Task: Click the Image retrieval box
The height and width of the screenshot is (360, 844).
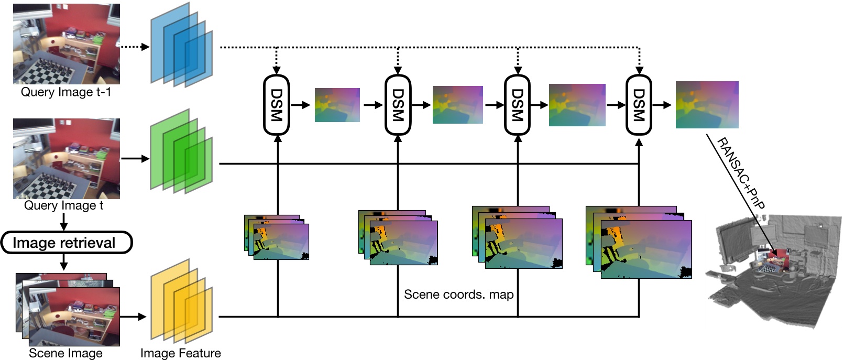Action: pos(66,243)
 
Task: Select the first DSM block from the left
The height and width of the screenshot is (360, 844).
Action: pos(276,105)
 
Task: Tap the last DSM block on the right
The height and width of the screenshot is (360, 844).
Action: pos(639,105)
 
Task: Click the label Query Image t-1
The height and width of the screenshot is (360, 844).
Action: pos(66,92)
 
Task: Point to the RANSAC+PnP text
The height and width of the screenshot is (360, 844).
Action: pos(740,173)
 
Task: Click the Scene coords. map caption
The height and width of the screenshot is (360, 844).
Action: pos(458,294)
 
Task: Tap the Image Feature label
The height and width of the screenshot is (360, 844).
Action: pos(180,353)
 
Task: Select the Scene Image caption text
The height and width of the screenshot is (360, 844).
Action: pos(65,353)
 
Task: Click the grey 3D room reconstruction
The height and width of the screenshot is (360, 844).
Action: pos(775,272)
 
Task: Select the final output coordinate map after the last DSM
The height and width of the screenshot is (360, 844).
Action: pos(707,105)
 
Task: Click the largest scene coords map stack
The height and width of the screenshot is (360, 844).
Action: pos(639,242)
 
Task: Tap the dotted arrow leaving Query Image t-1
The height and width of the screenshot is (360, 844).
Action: pos(135,47)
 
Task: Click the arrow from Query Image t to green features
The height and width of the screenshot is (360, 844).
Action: pos(135,158)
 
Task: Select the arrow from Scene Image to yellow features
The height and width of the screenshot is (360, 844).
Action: pos(133,317)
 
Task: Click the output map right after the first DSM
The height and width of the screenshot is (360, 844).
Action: pos(337,105)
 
